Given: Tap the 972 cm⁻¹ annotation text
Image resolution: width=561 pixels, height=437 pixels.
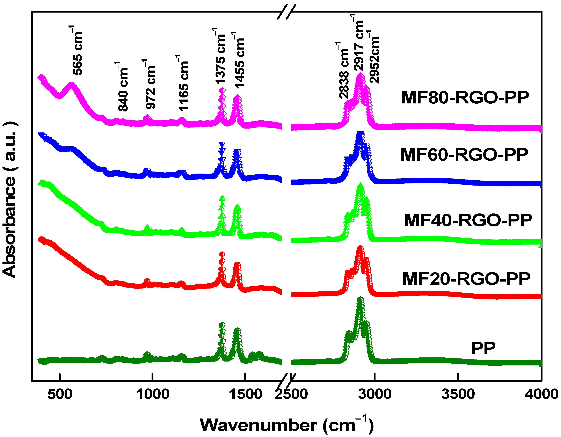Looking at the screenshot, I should click(150, 85).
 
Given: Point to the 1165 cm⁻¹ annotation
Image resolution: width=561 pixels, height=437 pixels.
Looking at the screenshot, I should click(183, 83).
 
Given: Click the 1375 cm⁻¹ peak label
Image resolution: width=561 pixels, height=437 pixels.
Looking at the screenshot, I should click(220, 57).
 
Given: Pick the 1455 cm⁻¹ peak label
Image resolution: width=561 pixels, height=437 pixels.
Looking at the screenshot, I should click(239, 61).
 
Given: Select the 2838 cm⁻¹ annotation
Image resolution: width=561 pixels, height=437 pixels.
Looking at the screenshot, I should click(343, 71).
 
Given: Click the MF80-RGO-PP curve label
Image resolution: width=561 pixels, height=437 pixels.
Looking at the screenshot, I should click(465, 98).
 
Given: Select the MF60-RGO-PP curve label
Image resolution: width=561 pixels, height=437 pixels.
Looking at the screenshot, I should click(464, 155).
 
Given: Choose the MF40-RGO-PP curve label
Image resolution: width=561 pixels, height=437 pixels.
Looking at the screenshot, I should click(468, 220).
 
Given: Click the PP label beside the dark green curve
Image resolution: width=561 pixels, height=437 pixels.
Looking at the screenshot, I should click(483, 349).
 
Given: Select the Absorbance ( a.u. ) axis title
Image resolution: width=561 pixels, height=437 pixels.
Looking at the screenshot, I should click(10, 200).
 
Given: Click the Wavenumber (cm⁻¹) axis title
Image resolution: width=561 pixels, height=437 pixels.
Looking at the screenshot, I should click(286, 425).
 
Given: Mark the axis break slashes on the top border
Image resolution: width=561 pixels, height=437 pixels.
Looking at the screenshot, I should click(286, 12).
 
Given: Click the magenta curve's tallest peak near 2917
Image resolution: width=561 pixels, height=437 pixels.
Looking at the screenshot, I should click(360, 75).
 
